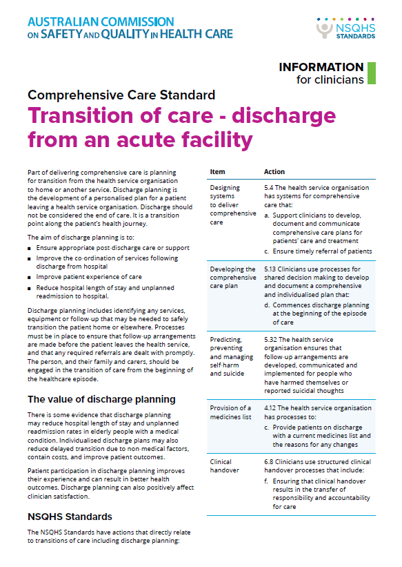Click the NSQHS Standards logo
click(x=345, y=28)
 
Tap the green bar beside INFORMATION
click(x=371, y=73)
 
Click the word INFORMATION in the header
click(x=321, y=67)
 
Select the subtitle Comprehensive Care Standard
click(x=121, y=95)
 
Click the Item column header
click(x=217, y=171)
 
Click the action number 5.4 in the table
click(x=271, y=187)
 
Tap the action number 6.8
click(x=270, y=461)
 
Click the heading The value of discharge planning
click(x=101, y=399)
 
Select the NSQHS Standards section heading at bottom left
click(x=70, y=516)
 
